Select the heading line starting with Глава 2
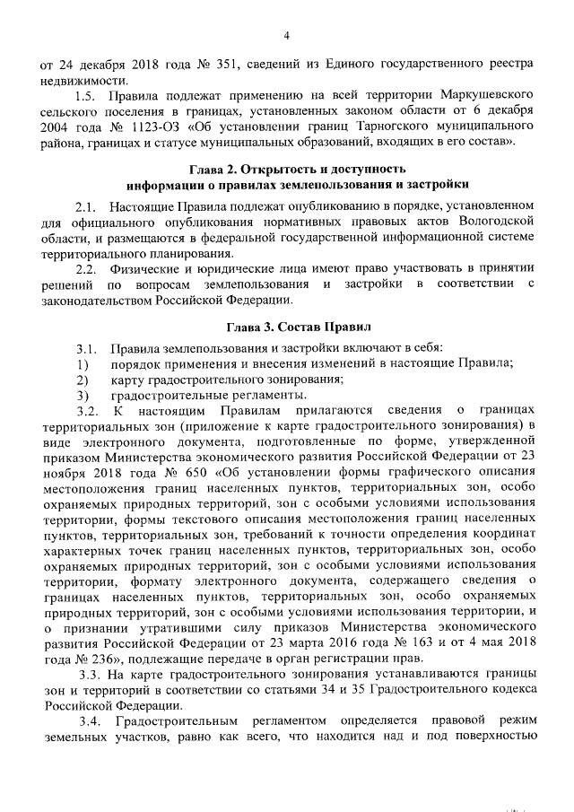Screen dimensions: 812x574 coord(287,168)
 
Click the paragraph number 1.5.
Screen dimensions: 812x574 coord(86,95)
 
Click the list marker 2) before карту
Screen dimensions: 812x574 coord(82,380)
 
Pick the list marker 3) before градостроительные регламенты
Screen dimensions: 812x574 coord(82,395)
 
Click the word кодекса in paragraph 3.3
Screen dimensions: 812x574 coord(510,690)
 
